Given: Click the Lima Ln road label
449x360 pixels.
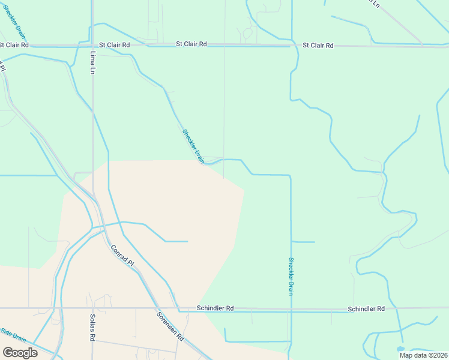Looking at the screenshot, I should [93, 62].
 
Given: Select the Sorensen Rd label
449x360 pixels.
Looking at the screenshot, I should [170, 327].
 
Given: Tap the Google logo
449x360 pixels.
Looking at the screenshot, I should [20, 352].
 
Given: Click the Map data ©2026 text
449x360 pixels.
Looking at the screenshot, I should [423, 355].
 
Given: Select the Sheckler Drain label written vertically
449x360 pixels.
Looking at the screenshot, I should [291, 276].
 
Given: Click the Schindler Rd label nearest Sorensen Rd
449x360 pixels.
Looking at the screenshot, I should [215, 308].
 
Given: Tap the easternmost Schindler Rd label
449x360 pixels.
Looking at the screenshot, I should [366, 308].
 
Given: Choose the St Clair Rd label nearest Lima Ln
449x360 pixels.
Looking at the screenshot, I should [115, 45].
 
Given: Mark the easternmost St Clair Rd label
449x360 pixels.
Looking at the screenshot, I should [318, 45].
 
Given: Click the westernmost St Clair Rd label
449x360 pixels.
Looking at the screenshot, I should [14, 45].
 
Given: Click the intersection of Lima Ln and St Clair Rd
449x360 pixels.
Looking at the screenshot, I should [92, 45].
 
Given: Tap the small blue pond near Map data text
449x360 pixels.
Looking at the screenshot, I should [400, 349].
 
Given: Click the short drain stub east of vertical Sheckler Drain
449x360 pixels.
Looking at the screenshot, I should [304, 242].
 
